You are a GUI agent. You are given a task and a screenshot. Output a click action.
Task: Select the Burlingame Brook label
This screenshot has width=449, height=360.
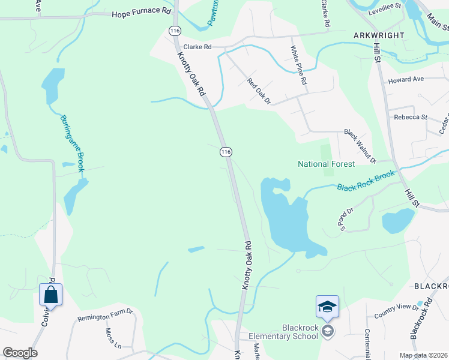72,143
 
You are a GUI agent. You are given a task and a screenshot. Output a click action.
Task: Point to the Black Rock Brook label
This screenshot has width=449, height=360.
366,181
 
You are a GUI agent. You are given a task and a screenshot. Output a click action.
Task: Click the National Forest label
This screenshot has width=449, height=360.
327,164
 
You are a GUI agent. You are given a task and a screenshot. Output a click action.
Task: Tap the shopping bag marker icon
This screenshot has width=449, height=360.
50,295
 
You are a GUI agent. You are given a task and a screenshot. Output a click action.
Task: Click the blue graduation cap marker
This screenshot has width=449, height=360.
327,307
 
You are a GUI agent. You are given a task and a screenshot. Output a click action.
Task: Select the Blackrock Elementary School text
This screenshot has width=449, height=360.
300,332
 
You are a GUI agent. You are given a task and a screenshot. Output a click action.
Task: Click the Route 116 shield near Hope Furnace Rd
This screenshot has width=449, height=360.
175,30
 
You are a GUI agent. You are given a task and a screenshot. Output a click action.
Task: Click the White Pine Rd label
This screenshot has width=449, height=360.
299,65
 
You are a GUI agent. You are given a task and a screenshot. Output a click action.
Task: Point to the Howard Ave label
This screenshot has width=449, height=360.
406,79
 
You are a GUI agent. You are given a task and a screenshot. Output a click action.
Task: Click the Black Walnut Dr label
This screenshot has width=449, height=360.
359,146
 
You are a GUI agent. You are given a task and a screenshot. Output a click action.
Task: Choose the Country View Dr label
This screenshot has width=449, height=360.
396,310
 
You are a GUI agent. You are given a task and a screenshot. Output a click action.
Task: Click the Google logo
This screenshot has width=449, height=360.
20,353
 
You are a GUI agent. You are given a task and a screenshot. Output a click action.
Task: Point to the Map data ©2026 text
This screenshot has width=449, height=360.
424,355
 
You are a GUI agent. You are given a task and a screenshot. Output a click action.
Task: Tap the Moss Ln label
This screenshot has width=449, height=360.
113,337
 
